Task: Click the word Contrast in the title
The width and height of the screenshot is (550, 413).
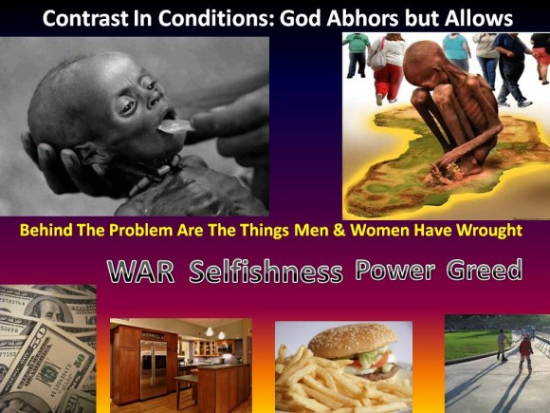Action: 86,18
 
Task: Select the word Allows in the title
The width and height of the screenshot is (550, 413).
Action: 479,18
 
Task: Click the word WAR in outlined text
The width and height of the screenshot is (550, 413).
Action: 140,272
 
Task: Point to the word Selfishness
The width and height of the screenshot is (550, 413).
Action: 266,272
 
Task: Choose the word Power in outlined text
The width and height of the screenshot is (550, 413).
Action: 395,271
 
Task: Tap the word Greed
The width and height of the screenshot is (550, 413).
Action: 485,270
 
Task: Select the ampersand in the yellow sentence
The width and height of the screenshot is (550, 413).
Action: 339,231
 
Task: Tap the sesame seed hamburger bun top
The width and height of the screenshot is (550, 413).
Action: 352,340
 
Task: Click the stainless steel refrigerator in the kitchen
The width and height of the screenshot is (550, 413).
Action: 154,368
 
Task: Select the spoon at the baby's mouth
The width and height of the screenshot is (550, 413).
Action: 174,126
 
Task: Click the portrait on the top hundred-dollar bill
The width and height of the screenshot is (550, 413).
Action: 47,310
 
